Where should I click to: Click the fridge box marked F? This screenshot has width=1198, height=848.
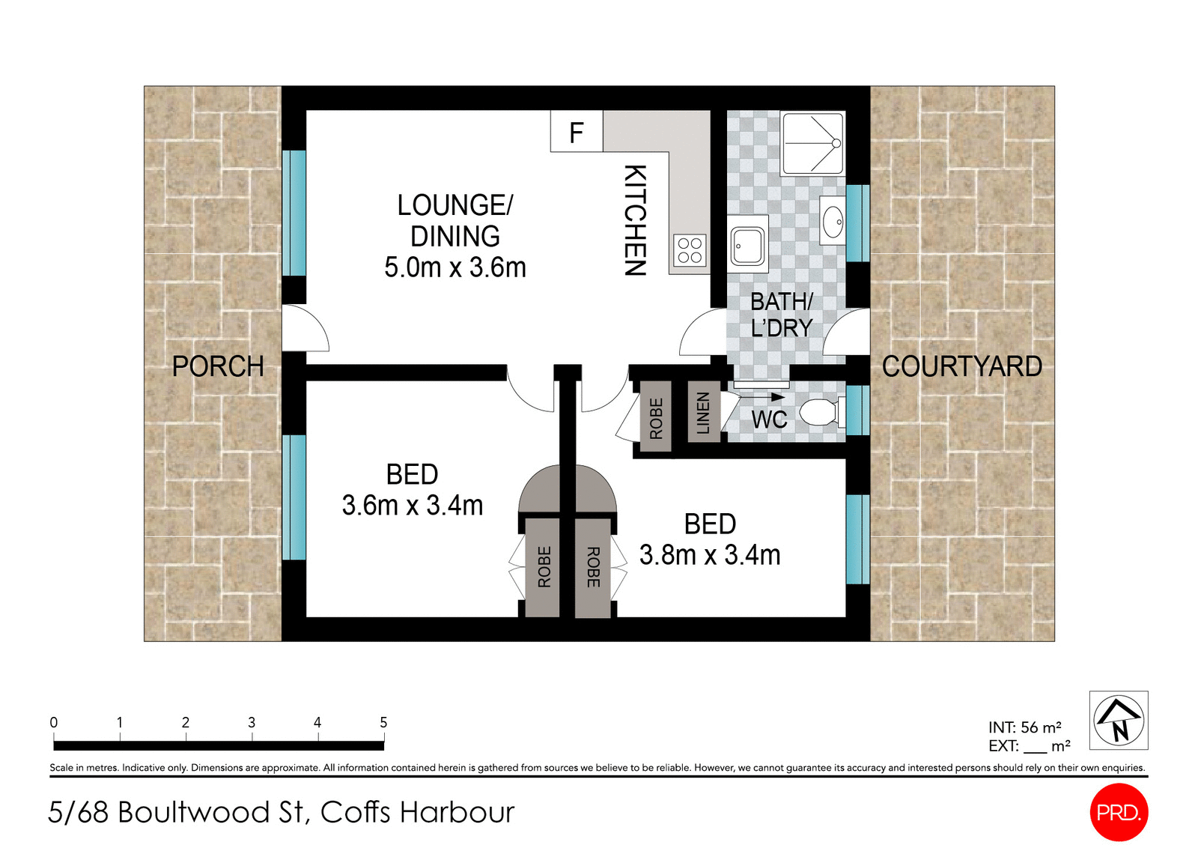point(576,132)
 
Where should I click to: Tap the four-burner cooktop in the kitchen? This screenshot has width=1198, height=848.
point(690,251)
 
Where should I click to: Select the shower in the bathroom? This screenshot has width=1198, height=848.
point(813,142)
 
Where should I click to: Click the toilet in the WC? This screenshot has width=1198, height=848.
point(820,412)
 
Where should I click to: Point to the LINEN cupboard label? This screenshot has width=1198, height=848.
point(703,413)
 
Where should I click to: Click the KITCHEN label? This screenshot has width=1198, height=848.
point(635,220)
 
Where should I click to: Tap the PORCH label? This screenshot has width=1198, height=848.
point(218,366)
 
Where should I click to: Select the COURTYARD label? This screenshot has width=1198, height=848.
point(961,366)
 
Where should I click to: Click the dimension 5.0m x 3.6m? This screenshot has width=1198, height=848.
point(455,267)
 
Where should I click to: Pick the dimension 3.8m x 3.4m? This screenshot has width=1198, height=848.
point(710,555)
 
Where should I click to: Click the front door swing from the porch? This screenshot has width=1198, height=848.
point(305,330)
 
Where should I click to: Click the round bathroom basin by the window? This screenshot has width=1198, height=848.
point(832,221)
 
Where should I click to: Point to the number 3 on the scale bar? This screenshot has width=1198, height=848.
point(252,722)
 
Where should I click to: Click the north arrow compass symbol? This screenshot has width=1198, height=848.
point(1119,720)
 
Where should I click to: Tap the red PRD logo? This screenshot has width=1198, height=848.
point(1119,812)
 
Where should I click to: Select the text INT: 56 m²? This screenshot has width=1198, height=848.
point(1024,727)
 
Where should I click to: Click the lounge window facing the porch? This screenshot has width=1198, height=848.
point(294,213)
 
